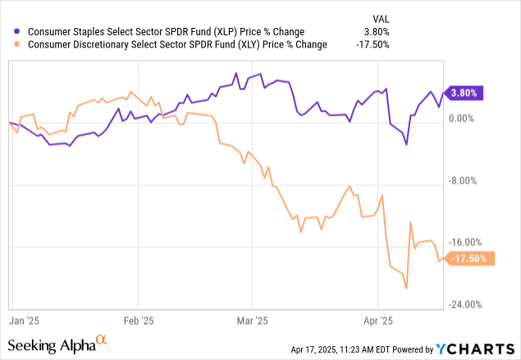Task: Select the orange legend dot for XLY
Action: (9, 43)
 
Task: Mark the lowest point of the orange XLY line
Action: (406, 288)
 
